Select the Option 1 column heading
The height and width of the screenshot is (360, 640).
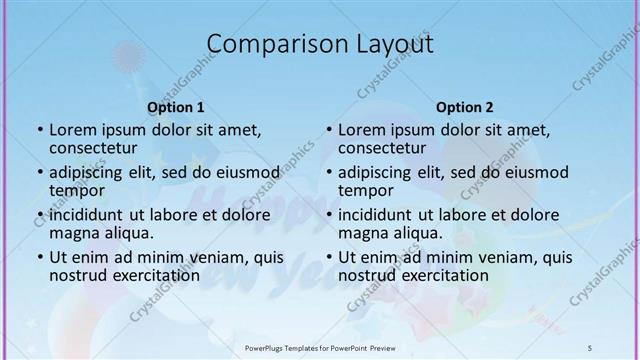click(176, 107)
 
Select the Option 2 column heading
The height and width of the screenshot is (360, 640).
click(464, 107)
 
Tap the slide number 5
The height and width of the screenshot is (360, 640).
click(591, 347)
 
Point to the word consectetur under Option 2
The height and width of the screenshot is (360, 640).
click(383, 149)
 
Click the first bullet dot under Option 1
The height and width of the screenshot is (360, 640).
click(39, 130)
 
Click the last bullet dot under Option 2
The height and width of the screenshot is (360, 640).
click(328, 257)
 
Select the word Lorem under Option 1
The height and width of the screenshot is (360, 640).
click(73, 129)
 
